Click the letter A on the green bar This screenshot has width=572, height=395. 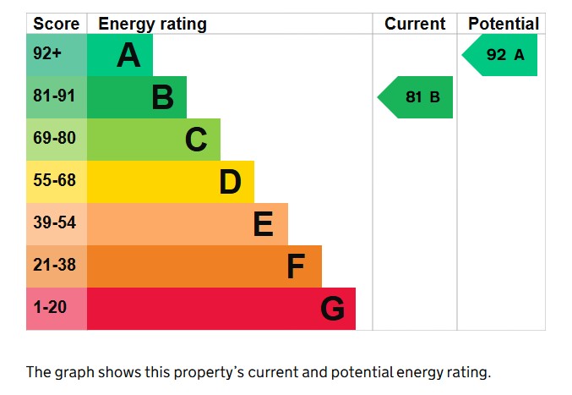[128, 56]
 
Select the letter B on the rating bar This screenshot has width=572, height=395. [162, 97]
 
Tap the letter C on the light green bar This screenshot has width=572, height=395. [196, 140]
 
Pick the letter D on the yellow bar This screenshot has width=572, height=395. [230, 182]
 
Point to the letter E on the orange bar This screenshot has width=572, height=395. [263, 224]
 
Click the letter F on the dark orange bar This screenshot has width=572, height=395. [295, 266]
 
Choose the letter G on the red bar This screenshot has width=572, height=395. [332, 309]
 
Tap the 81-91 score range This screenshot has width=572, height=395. [54, 97]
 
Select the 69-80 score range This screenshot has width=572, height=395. [54, 140]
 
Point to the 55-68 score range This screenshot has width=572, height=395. [54, 182]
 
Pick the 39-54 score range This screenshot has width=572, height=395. [54, 224]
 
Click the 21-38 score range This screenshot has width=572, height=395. [54, 266]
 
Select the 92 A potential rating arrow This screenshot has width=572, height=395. [501, 55]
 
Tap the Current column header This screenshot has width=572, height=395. [415, 24]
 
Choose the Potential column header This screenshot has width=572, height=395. [504, 24]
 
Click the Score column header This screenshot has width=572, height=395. [56, 24]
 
